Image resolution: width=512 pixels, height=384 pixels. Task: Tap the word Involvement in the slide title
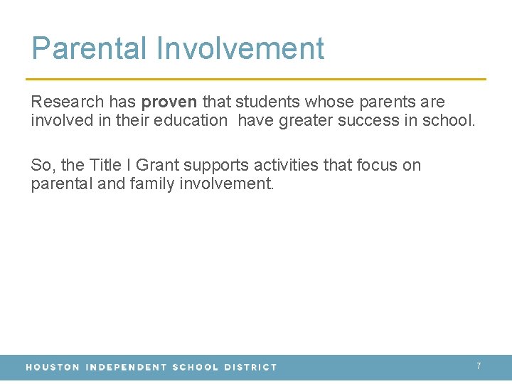coord(240,48)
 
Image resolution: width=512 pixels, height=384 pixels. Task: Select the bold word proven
coord(169,102)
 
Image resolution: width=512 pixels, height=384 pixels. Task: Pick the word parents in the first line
coord(381,102)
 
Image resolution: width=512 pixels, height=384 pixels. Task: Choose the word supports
coord(216,165)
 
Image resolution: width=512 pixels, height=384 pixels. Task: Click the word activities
coord(284,165)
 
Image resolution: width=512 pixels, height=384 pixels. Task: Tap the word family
coord(148,183)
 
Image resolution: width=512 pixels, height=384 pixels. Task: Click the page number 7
coord(479,366)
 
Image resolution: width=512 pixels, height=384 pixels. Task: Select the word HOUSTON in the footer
coord(52,368)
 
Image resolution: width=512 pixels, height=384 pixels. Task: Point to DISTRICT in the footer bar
coord(250,368)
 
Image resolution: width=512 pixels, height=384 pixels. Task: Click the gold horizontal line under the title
coord(256,79)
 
